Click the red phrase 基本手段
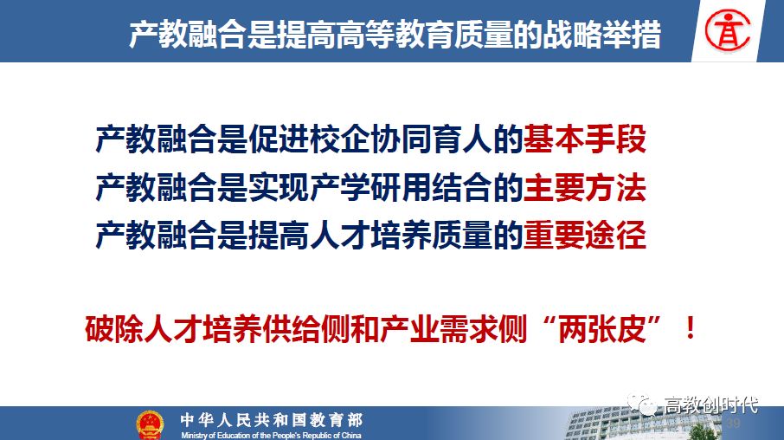[x=584, y=139]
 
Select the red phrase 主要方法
[x=584, y=187]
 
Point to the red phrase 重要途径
[x=584, y=236]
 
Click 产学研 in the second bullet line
[x=370, y=187]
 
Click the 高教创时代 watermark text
[x=710, y=404]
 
